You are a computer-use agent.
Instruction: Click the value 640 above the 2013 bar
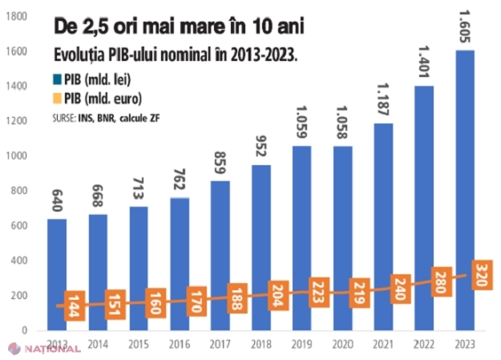point(56,201)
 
